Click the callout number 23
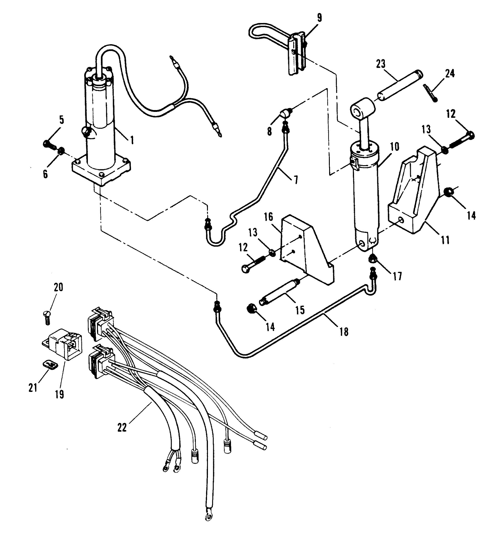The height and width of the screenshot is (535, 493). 381,64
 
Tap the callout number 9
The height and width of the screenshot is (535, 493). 319,18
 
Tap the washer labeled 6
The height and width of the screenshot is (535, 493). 60,152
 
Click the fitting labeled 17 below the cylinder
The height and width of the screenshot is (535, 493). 373,258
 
